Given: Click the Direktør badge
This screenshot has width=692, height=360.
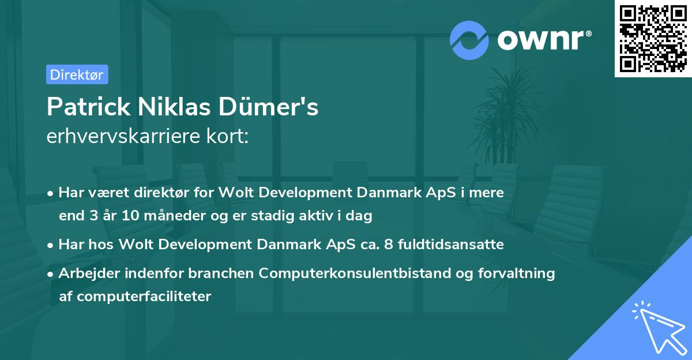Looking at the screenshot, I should click(x=77, y=74).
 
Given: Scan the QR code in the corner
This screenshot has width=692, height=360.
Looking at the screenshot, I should click(x=652, y=39).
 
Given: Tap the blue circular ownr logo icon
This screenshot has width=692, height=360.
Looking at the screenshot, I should click(x=469, y=40).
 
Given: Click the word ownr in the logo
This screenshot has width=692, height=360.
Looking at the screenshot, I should click(x=543, y=40).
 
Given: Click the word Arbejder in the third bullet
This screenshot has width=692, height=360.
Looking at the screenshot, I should click(x=84, y=273).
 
